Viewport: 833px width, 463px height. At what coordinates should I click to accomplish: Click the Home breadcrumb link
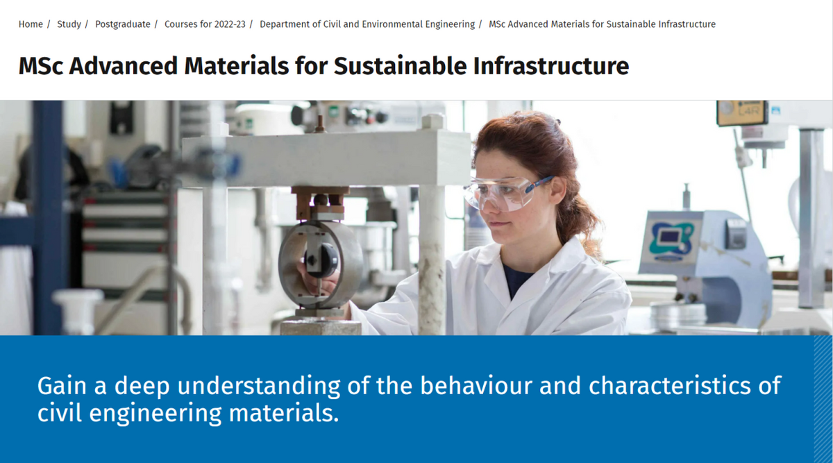coord(31,24)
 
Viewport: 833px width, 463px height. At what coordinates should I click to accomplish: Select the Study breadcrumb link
coord(69,24)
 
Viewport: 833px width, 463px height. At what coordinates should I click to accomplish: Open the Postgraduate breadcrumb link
coord(123,24)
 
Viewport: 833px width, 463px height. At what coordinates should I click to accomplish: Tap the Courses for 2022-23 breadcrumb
coord(205,24)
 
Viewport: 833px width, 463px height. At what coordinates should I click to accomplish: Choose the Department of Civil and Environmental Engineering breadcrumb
coord(367,24)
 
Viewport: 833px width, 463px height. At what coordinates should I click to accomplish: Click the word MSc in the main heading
coord(40,66)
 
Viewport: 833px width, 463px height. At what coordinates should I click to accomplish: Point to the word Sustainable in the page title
coord(400,66)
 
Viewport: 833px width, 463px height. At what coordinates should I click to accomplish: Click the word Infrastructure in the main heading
coord(550,66)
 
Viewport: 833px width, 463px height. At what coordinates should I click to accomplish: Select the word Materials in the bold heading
coord(236,66)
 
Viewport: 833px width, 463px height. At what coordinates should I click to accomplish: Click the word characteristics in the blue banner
coord(670,386)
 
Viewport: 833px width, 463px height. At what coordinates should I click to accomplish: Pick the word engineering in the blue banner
coord(155,413)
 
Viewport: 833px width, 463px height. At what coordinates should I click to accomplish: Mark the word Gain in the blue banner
coord(62,386)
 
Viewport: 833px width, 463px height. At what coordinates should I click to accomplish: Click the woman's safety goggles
coord(506,194)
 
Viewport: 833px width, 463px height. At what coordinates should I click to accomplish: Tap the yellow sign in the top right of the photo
coord(741,112)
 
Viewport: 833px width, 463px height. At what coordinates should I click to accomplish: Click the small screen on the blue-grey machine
coord(669,236)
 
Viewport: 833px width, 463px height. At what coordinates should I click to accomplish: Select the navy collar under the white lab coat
coord(516,280)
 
